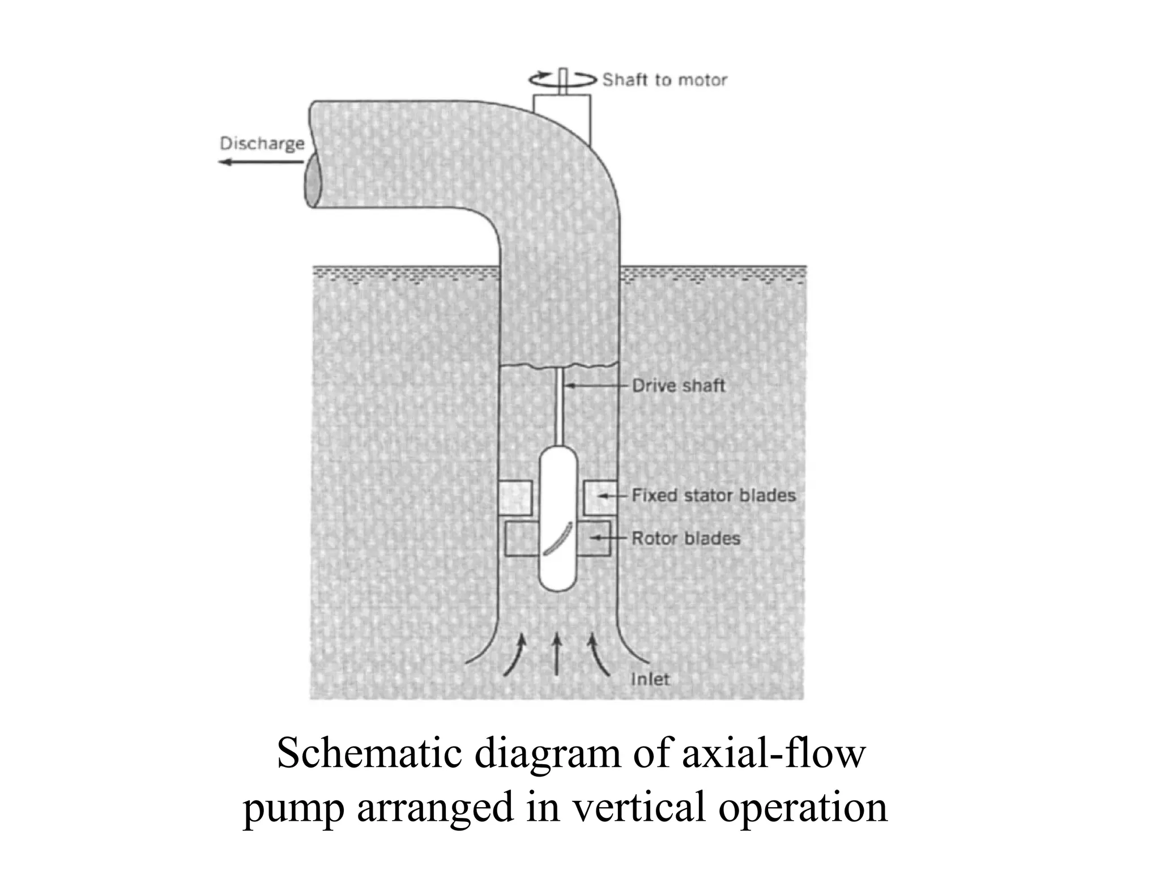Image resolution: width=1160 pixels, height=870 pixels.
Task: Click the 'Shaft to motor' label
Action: pos(664,80)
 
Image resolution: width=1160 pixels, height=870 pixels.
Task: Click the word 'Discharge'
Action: pos(262,143)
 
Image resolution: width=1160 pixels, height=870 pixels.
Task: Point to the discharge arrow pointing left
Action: pos(261,163)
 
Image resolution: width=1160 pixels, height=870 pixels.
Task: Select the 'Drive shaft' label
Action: pos(678,386)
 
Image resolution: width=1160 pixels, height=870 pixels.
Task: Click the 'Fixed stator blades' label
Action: pos(713,496)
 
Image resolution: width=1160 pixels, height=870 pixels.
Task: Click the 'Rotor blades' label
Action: pos(685,538)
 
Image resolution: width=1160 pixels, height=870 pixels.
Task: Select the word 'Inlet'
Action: pos(650,679)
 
